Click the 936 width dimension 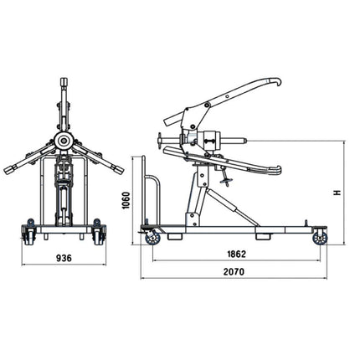63,258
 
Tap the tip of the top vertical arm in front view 62,80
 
